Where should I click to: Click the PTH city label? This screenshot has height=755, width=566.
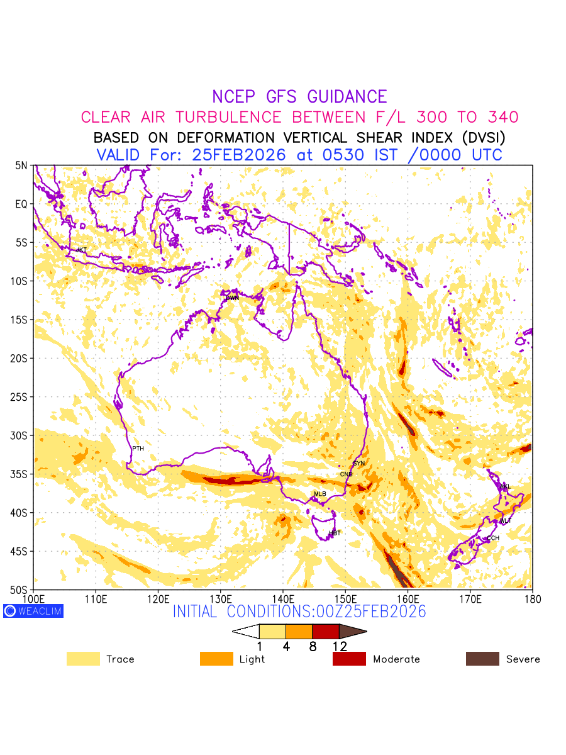pyautogui.click(x=138, y=449)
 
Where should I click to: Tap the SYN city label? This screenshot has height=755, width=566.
pyautogui.click(x=358, y=463)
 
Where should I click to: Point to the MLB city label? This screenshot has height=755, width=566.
pyautogui.click(x=320, y=494)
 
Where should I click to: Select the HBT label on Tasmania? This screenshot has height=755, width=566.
pyautogui.click(x=335, y=533)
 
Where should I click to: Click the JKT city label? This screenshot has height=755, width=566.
pyautogui.click(x=81, y=250)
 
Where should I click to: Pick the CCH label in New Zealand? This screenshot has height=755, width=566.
pyautogui.click(x=493, y=538)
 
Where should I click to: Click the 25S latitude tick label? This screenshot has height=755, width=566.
pyautogui.click(x=21, y=397)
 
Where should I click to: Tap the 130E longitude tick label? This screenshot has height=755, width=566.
pyautogui.click(x=221, y=598)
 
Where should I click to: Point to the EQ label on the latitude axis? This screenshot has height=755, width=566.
pyautogui.click(x=22, y=204)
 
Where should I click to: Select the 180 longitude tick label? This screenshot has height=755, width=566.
pyautogui.click(x=532, y=598)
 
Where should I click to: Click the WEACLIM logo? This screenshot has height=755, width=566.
pyautogui.click(x=33, y=611)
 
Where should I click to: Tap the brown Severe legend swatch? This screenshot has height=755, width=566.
pyautogui.click(x=482, y=659)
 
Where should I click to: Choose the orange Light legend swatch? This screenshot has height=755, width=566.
pyautogui.click(x=216, y=659)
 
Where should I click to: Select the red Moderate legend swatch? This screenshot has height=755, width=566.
pyautogui.click(x=349, y=659)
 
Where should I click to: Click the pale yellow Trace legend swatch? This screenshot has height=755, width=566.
pyautogui.click(x=83, y=659)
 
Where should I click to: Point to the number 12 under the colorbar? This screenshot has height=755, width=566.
pyautogui.click(x=340, y=646)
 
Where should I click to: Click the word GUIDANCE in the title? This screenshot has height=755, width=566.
pyautogui.click(x=347, y=97)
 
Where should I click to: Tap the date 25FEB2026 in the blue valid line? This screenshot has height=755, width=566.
pyautogui.click(x=239, y=155)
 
